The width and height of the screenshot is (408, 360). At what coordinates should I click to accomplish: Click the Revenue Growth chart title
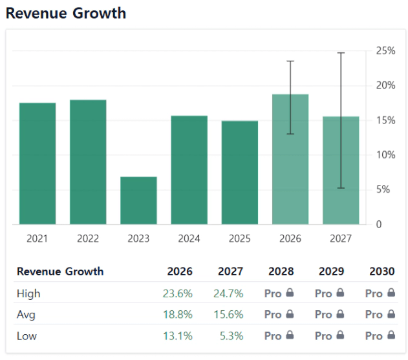point(66,13)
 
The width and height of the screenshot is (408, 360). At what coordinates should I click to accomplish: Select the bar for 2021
point(38,164)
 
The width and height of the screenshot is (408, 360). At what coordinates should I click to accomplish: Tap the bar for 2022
point(88,162)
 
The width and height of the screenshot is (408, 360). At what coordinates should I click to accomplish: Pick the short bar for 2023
point(138,200)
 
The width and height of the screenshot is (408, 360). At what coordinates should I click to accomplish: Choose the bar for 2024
point(189,170)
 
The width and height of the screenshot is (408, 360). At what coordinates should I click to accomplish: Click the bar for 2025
point(239,173)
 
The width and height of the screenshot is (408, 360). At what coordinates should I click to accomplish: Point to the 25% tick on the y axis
point(387,51)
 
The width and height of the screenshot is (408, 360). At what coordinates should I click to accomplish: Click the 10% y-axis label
point(387,155)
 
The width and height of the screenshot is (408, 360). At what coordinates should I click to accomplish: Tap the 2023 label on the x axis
point(138,238)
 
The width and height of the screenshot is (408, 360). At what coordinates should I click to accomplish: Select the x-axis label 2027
point(340,238)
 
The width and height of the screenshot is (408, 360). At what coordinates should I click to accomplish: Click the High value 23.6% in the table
point(178,293)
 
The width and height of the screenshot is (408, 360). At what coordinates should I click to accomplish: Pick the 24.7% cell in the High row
point(228,293)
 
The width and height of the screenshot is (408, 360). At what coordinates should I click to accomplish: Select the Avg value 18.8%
point(178,314)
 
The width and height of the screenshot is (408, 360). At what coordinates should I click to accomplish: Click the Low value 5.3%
point(231,335)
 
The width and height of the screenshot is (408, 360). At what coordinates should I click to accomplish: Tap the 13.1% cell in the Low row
point(178,335)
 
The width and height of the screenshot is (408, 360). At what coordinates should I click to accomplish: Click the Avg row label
point(26,314)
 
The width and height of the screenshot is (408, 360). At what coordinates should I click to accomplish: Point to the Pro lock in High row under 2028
point(279,293)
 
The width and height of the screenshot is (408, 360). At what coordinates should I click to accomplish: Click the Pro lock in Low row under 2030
point(380,335)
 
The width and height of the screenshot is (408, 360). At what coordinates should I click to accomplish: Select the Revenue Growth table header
point(60,271)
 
